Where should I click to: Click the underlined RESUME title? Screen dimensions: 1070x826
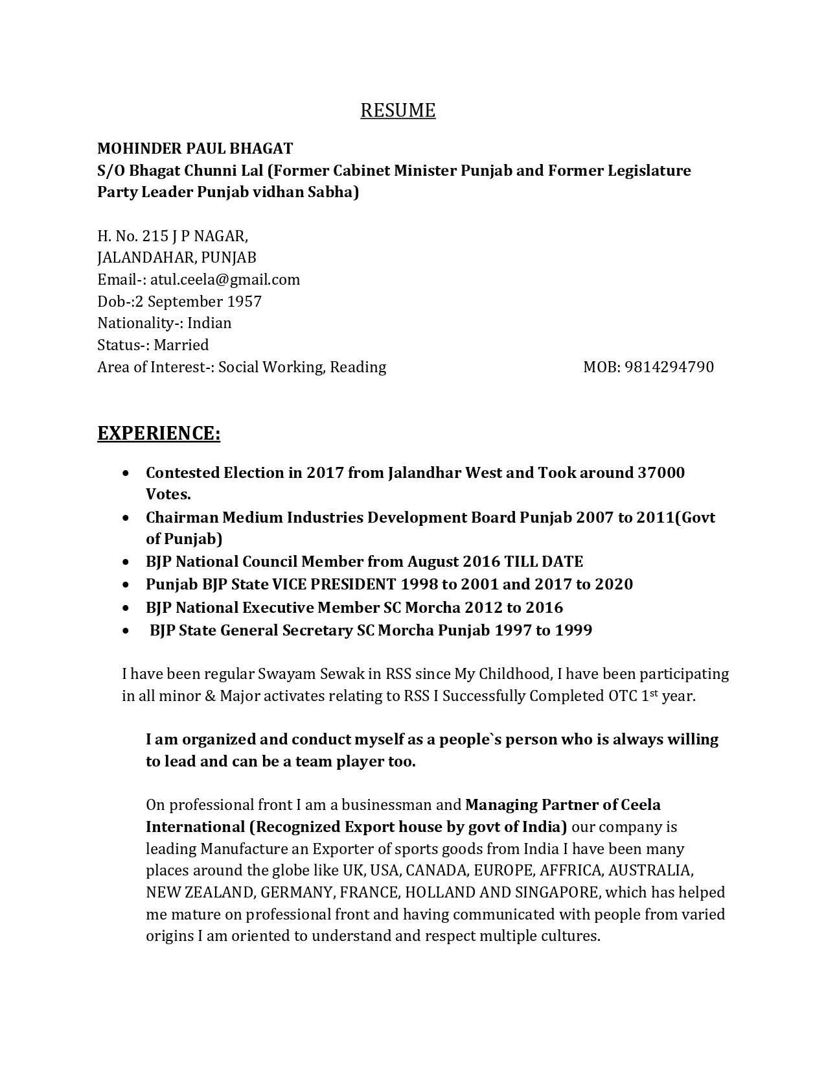pyautogui.click(x=398, y=110)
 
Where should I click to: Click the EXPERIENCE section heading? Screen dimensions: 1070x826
pyautogui.click(x=159, y=433)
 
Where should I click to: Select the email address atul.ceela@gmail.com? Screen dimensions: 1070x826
pyautogui.click(x=225, y=279)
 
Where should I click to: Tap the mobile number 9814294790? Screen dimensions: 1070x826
pyautogui.click(x=669, y=367)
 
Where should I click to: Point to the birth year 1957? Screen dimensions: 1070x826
pyautogui.click(x=244, y=302)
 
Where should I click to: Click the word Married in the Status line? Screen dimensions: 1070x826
pyautogui.click(x=181, y=345)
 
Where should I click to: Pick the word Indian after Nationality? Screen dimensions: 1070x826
pyautogui.click(x=209, y=323)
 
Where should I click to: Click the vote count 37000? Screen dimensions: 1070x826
pyautogui.click(x=661, y=473)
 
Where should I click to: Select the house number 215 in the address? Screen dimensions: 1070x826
pyautogui.click(x=155, y=236)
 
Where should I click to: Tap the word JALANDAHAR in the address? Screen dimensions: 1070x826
pyautogui.click(x=145, y=257)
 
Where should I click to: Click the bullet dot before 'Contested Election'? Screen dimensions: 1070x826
pyautogui.click(x=125, y=473)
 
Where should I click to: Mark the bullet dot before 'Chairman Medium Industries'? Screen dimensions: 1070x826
pyautogui.click(x=125, y=518)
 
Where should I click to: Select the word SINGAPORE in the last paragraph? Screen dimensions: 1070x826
pyautogui.click(x=556, y=892)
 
